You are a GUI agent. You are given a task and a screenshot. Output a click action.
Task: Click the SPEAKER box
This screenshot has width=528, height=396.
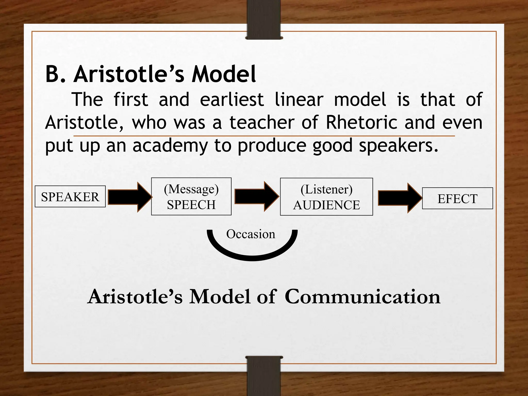pos(70,197)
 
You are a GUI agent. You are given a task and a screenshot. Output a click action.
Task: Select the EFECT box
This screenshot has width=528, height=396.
pos(457,199)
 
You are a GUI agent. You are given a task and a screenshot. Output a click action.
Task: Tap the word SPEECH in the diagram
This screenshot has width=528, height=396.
pos(191,205)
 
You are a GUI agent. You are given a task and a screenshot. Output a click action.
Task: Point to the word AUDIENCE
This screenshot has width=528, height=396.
pos(326,205)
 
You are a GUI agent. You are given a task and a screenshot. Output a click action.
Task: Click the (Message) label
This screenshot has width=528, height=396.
pos(191,189)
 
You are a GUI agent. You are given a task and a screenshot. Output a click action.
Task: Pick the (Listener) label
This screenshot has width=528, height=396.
pos(326,189)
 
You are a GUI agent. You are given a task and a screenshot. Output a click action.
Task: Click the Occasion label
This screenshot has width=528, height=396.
pos(251,234)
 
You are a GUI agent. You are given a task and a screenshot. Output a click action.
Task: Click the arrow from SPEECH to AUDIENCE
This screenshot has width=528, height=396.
pos(256,197)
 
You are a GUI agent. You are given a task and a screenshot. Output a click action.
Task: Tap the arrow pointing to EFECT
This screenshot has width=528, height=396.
pos(400,198)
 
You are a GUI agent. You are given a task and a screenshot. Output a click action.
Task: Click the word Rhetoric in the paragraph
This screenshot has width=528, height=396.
pos(361,122)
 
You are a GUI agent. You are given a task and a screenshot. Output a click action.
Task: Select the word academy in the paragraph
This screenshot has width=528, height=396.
pos(170,146)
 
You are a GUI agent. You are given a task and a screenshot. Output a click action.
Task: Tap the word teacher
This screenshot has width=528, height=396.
pos(262,122)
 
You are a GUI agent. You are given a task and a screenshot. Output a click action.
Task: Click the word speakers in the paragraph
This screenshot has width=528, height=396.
pos(398,146)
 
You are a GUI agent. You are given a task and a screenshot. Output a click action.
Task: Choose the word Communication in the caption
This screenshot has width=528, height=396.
pos(362,296)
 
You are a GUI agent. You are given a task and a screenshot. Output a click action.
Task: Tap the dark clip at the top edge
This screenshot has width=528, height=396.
pos(264,20)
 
